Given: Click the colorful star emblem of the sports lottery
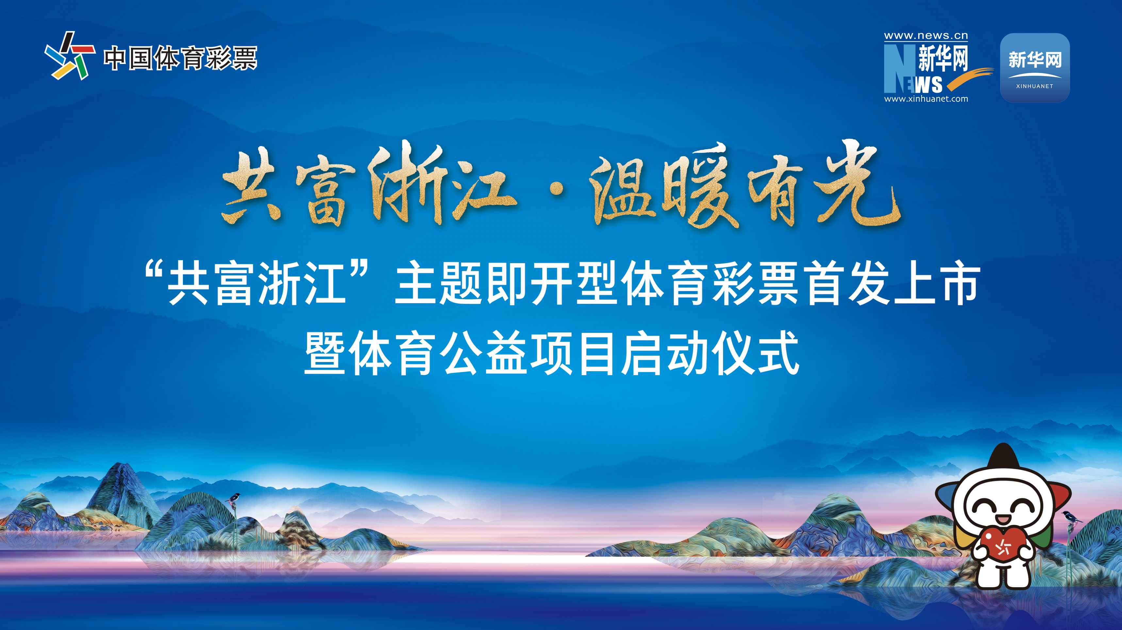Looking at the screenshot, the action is click(x=70, y=56).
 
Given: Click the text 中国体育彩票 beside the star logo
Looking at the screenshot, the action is click(x=180, y=58).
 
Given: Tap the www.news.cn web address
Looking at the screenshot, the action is click(x=926, y=36).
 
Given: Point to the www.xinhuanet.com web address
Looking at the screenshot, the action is click(x=926, y=99).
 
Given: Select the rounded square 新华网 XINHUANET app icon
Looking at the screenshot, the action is click(x=1035, y=68).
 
